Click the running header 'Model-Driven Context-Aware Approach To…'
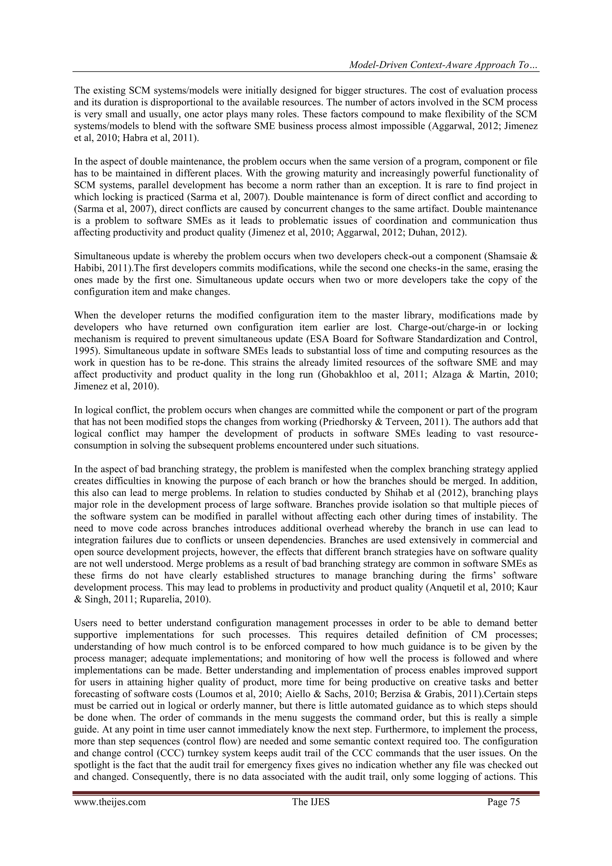[x=443, y=65]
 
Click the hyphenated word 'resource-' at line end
[x=518, y=434]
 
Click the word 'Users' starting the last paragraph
[x=85, y=623]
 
